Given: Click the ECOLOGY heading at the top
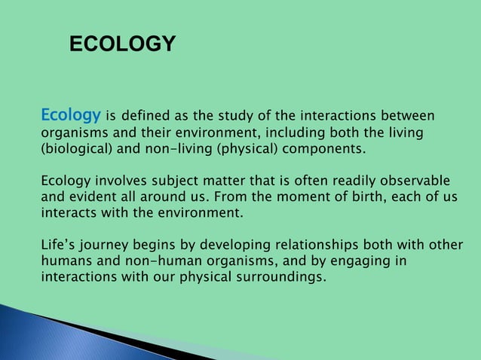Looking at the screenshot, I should click(122, 45).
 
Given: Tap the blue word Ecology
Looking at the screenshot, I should click(71, 116).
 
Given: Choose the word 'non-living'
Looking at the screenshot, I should click(179, 149).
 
